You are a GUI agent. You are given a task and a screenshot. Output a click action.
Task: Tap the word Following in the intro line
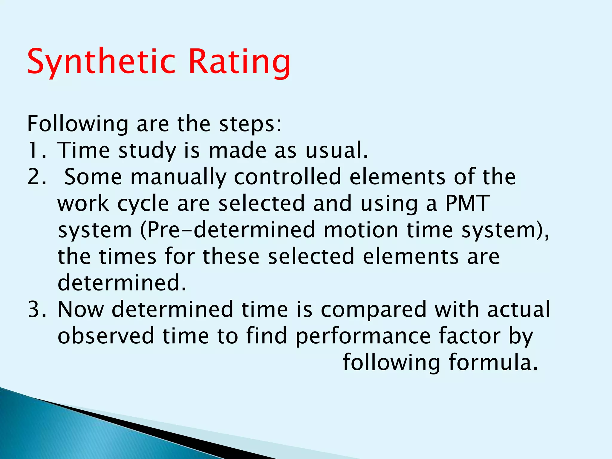point(78,124)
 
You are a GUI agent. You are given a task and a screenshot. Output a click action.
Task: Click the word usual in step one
point(336,150)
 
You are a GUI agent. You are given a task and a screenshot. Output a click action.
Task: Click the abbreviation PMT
point(467,203)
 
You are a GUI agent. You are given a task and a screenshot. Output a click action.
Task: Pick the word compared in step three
point(374,310)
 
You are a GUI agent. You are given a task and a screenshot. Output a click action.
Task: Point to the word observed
point(106,336)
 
